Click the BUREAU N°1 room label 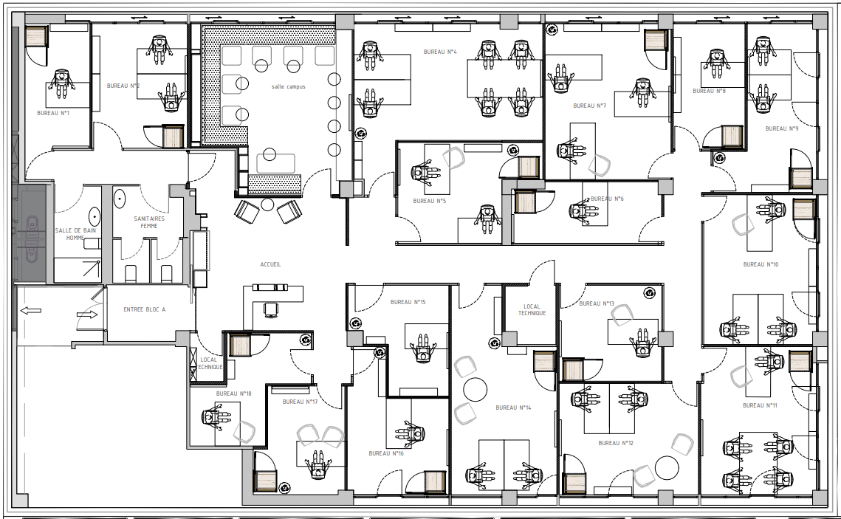pos(53,113)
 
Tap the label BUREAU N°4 pos(440,52)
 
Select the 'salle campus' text pos(289,87)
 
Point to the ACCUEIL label pos(270,264)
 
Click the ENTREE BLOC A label pos(144,309)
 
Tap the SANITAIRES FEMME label pos(149,222)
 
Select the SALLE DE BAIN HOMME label pos(75,234)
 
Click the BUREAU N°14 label pos(513,408)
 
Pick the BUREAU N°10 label pos(761,264)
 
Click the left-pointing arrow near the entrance pos(30,310)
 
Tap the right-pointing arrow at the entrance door pos(87,315)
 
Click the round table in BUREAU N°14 pos(476,389)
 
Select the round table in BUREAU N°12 pos(667,467)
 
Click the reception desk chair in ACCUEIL pos(271,309)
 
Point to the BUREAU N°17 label pos(300,402)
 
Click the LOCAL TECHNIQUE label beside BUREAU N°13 pos(532,310)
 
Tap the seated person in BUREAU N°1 pos(61,83)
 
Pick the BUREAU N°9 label pos(782,128)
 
